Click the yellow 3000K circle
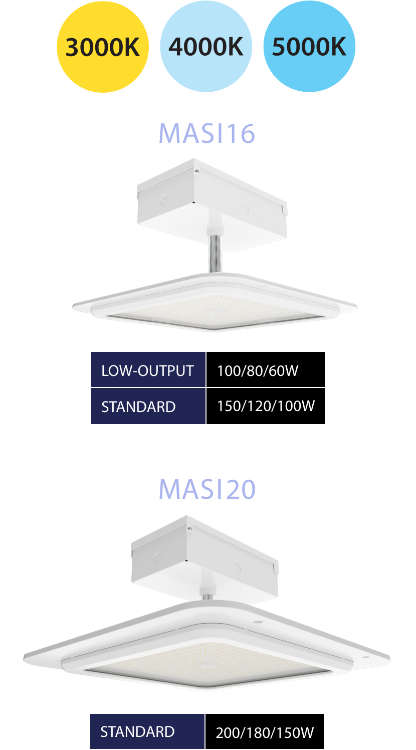[x=102, y=47]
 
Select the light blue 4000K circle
[x=206, y=47]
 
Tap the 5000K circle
[x=309, y=47]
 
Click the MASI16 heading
[x=207, y=133]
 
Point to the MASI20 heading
[x=207, y=489]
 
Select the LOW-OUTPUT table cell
[x=148, y=370]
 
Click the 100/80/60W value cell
[x=266, y=370]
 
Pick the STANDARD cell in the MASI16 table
[x=148, y=407]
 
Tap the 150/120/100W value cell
[x=266, y=406]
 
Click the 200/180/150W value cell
[x=265, y=732]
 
